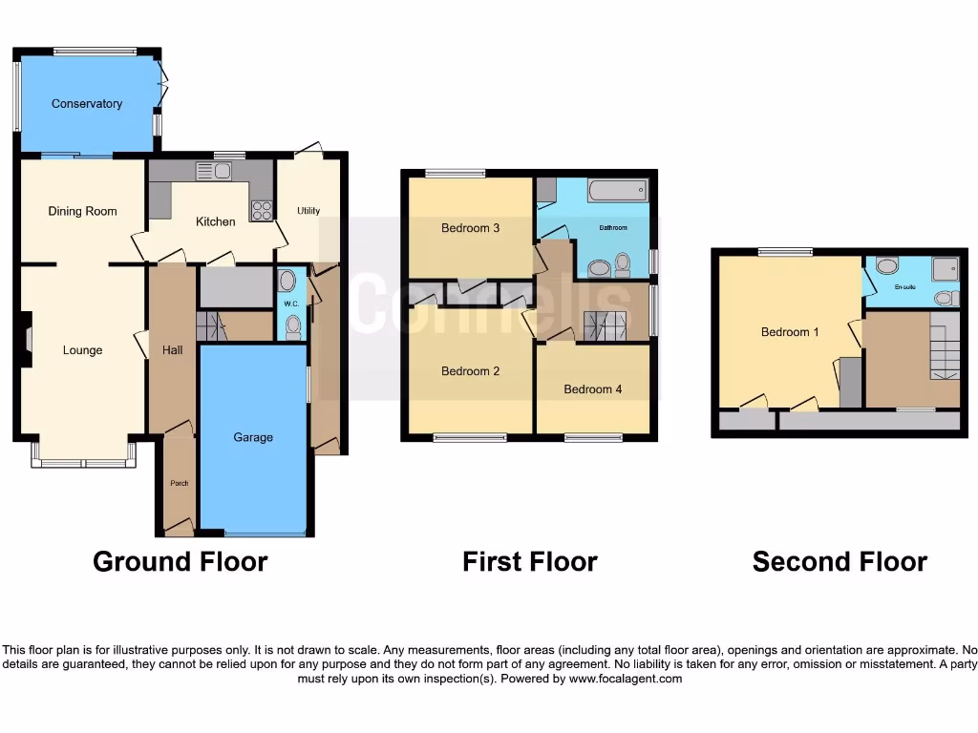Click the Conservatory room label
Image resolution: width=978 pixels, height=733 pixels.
pos(87,104)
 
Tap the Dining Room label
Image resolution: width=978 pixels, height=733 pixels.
pos(82,211)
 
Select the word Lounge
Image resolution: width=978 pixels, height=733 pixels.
pos(82,350)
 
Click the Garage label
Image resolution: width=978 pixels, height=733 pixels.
pos(253,437)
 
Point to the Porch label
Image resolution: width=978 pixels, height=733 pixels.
pos(179,483)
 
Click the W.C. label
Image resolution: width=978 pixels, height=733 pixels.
pos(291,304)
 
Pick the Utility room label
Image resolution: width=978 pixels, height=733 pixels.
pos(308,211)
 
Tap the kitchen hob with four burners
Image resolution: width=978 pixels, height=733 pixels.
pos(261,210)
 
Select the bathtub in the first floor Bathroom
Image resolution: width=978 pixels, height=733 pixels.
pos(618,191)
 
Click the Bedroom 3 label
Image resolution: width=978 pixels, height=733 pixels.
pos(470,228)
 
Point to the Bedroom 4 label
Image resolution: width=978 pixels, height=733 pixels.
pos(592,389)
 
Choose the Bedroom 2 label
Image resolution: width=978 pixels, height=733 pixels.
pos(470,371)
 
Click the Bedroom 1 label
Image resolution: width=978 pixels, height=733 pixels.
pos(790,332)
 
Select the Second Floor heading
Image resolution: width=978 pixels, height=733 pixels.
pos(840,561)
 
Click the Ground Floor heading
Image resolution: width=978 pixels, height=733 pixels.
pos(180,561)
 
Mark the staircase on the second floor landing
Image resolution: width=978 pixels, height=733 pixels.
pos(944,350)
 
